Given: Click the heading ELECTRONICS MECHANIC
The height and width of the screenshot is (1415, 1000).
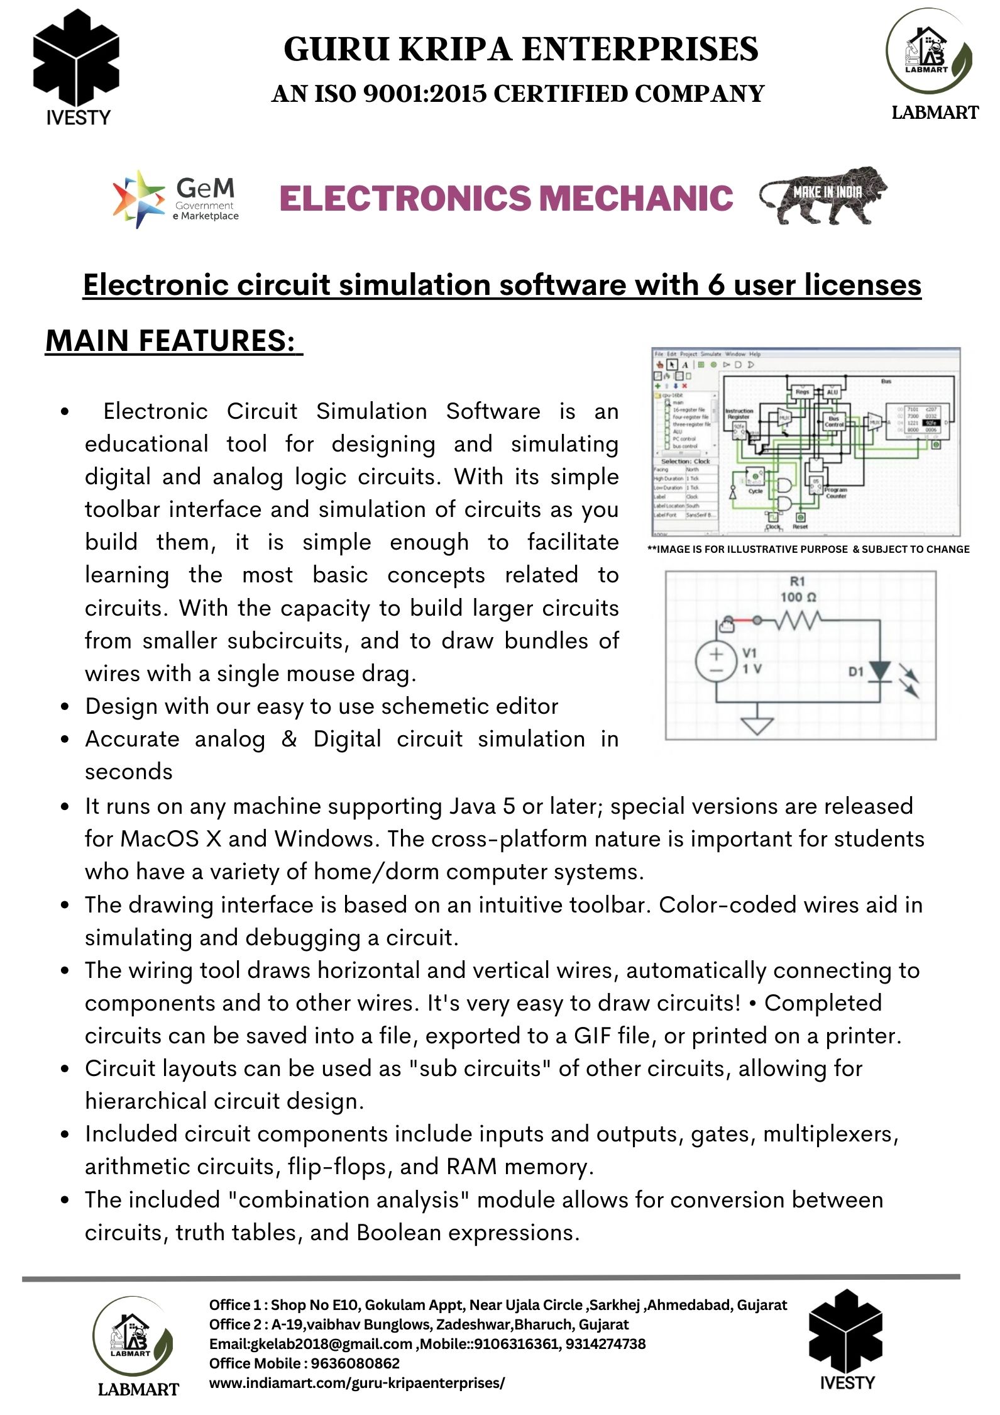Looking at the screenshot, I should click(x=506, y=198).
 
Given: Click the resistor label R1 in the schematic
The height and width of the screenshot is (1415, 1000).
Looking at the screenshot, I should click(x=797, y=581).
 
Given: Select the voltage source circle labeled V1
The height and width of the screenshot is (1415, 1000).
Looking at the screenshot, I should click(x=716, y=662).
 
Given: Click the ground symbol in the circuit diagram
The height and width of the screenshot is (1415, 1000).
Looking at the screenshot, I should click(x=757, y=725).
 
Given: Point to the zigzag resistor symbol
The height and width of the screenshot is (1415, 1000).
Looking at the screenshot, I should click(x=797, y=621).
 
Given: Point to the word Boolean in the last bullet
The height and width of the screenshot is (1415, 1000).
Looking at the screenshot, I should click(x=398, y=1233).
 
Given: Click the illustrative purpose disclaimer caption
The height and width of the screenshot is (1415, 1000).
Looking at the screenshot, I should click(x=808, y=549).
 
